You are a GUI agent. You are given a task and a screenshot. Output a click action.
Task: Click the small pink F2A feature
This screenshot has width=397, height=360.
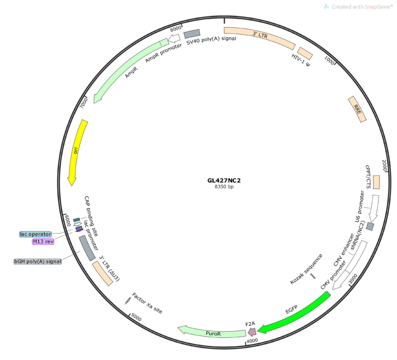[x=252, y=332]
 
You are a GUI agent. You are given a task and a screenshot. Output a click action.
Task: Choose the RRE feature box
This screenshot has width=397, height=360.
[x=357, y=109]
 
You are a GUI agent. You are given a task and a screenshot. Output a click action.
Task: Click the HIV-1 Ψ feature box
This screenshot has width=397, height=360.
[x=305, y=53]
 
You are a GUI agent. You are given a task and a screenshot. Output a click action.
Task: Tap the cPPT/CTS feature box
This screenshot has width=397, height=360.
[x=376, y=182]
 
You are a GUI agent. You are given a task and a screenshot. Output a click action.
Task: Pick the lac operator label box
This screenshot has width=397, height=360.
[x=36, y=234]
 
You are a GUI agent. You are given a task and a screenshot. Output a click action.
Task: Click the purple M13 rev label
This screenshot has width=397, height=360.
[x=43, y=241]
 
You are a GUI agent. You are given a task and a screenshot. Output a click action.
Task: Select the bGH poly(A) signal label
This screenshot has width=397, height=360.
[x=37, y=261]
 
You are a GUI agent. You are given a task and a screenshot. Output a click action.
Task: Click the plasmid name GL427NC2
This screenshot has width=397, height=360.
[x=224, y=180]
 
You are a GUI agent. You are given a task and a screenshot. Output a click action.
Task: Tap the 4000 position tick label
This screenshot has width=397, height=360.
[x=252, y=341]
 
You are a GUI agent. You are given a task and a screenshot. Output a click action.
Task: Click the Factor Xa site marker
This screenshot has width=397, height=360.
[x=128, y=300]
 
